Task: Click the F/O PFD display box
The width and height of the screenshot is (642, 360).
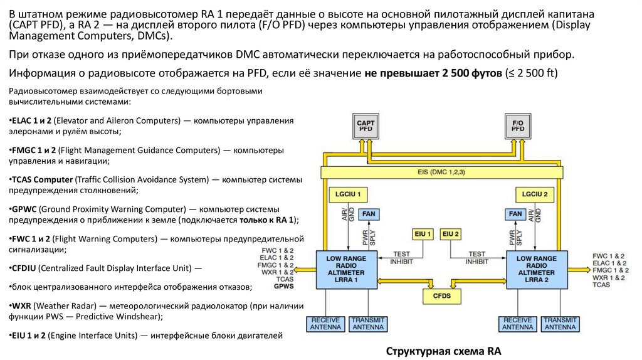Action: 518,125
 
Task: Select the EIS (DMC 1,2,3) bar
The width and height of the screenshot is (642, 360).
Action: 441,172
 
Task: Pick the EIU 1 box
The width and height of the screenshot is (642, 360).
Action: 423,234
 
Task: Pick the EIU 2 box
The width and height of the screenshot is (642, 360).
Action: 451,234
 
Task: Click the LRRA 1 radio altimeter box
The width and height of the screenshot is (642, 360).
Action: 347,269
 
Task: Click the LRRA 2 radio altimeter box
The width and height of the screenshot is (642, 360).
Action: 537,269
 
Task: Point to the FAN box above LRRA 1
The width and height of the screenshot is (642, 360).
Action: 369,214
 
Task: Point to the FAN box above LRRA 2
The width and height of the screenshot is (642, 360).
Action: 515,214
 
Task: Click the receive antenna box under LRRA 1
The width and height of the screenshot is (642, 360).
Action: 325,324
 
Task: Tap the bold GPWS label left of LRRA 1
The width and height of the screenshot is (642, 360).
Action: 283,286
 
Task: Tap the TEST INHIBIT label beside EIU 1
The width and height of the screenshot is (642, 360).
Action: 401,257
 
